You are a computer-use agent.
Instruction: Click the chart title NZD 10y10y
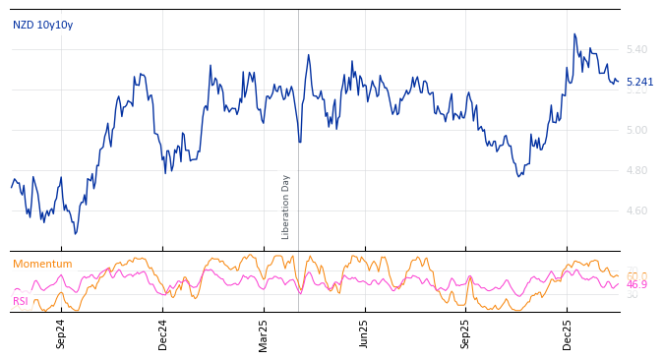pos(42,25)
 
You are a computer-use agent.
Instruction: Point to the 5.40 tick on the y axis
pos(636,49)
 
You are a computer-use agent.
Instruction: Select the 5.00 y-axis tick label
pos(636,130)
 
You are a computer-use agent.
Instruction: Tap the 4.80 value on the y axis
pos(636,170)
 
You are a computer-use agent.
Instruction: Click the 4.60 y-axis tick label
pos(636,210)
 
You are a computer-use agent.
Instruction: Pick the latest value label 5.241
pos(639,83)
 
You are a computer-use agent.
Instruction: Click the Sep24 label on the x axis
pos(61,333)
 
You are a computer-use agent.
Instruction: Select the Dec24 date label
pos(162,333)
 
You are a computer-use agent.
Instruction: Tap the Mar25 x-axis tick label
pos(264,333)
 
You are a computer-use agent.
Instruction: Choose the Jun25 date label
pos(365,333)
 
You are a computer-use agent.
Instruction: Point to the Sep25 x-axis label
pos(466,333)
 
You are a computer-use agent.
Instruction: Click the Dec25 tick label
pos(568,333)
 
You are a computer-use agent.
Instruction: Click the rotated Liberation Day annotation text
pos(286,207)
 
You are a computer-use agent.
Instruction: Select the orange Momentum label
pos(42,264)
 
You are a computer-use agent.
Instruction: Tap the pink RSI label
pos(21,301)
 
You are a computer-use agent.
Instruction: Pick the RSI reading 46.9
pos(636,284)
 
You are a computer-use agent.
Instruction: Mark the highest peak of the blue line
pos(574,34)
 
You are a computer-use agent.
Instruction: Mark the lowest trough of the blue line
pos(75,233)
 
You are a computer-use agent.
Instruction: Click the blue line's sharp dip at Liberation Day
pos(300,142)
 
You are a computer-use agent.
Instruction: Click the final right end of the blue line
pos(618,83)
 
